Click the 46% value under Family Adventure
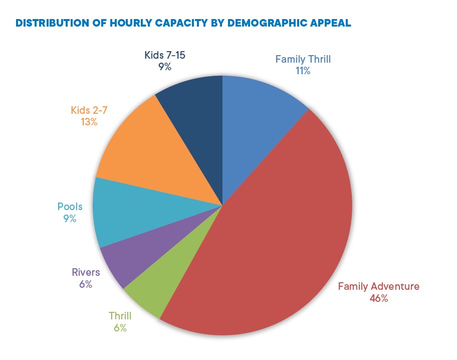(378, 298)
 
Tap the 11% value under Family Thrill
(303, 71)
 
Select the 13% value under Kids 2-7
(89, 121)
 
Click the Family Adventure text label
(378, 287)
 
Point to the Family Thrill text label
(303, 60)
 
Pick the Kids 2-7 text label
(89, 110)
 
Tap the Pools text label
(70, 207)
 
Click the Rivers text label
(85, 273)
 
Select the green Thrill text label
(120, 316)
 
